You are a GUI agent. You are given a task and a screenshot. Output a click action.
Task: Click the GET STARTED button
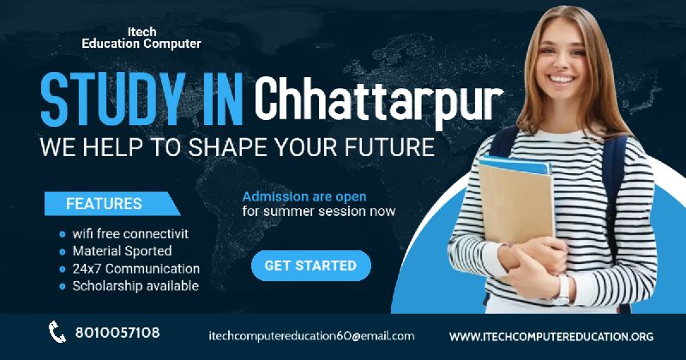311,266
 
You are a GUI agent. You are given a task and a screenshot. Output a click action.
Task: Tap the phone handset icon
57,332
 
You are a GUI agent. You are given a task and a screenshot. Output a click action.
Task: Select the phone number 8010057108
117,333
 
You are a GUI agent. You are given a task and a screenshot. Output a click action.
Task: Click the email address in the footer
311,336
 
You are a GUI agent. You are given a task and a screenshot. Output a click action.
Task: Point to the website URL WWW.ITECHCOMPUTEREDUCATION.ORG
551,337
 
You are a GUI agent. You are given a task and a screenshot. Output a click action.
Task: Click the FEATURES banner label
104,203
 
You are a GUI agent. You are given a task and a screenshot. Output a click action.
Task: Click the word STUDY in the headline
113,100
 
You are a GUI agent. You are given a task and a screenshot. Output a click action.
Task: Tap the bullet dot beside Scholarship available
62,286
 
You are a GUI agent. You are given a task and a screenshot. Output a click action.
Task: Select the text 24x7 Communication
136,268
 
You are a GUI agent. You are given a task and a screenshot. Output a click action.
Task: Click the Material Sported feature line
122,251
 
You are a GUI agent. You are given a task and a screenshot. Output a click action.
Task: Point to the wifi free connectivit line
130,234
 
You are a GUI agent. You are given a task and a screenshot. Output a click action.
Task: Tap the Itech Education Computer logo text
141,38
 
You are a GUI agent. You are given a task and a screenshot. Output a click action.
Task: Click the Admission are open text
304,197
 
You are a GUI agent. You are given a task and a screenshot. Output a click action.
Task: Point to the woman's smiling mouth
562,80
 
